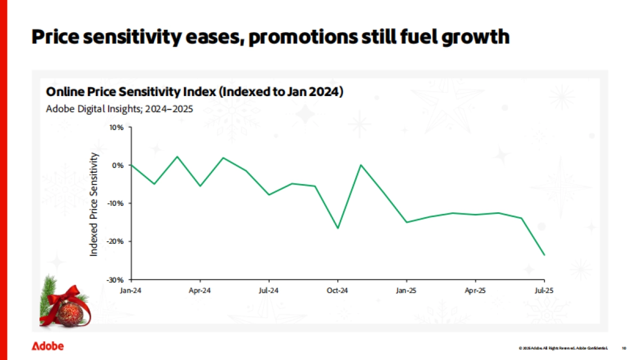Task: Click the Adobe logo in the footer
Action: click(x=47, y=346)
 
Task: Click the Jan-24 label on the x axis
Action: click(x=131, y=291)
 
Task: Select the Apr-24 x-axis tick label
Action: click(x=199, y=291)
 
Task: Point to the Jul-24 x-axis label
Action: click(x=268, y=291)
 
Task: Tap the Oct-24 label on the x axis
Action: click(x=337, y=291)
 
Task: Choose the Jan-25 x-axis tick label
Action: click(x=406, y=291)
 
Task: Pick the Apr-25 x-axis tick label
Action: click(x=475, y=291)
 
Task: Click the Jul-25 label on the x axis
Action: click(x=544, y=291)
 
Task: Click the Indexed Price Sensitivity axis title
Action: click(x=94, y=204)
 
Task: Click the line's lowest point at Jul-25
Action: click(x=544, y=255)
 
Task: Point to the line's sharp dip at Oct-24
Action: click(x=337, y=228)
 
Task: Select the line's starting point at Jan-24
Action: click(x=131, y=165)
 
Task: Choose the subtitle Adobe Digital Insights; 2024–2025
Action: click(x=119, y=108)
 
